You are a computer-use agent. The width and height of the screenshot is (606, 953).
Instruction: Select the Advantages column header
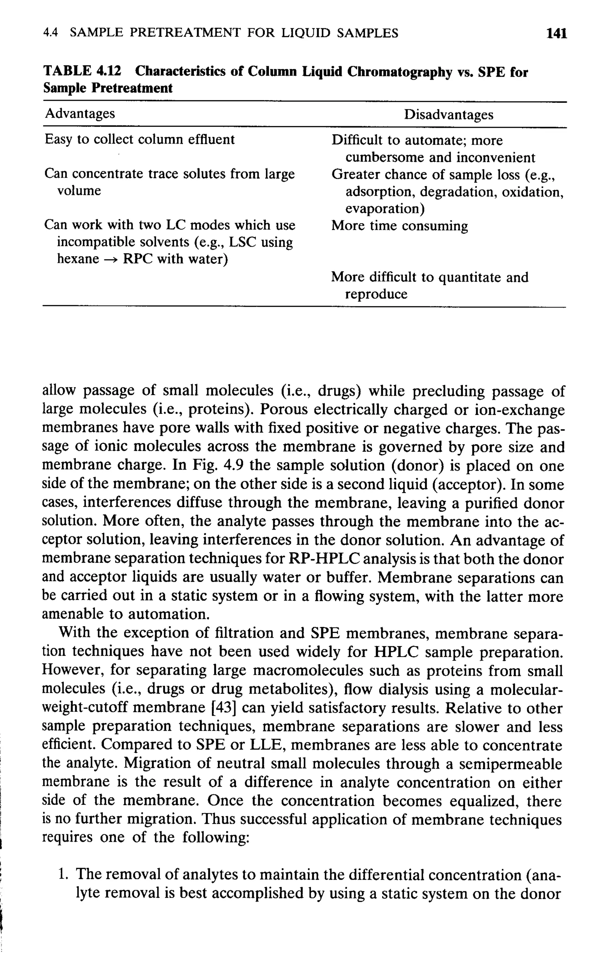[x=80, y=114]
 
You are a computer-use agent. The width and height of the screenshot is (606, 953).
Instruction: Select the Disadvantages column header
[x=449, y=115]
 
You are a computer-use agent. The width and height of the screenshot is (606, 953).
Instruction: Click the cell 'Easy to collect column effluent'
[x=140, y=139]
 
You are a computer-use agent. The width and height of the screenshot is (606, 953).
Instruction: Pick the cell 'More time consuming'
[x=399, y=226]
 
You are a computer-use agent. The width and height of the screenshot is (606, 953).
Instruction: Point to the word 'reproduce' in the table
[x=376, y=294]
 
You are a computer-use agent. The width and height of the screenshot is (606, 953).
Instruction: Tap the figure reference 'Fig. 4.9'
[x=217, y=465]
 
